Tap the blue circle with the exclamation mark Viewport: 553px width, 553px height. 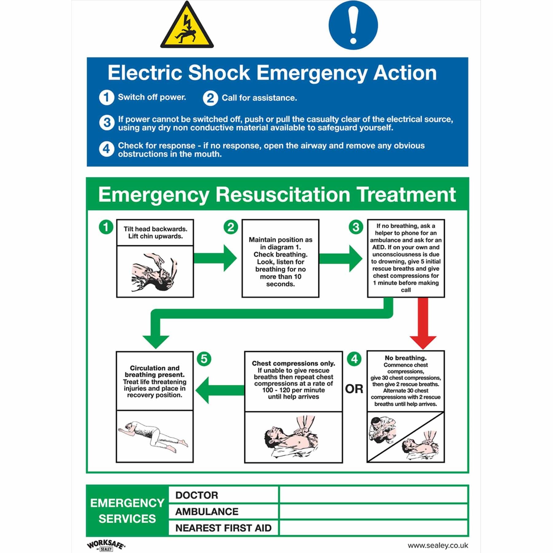353,25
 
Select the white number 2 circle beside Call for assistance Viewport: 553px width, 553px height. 210,98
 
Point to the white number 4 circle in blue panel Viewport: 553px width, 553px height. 106,149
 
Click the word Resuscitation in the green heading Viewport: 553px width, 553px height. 283,195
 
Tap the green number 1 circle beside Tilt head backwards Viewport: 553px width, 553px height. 106,227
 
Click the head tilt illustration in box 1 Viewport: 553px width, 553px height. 155,272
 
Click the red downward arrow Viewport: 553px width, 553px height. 423,323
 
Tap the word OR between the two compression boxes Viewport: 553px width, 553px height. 354,389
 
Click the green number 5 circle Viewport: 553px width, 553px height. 204,359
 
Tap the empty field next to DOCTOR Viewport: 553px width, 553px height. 373,495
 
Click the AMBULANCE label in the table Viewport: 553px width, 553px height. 207,512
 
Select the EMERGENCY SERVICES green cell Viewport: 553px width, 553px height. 127,511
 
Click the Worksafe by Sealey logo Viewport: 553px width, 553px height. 106,545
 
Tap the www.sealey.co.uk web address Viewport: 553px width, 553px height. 437,545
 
